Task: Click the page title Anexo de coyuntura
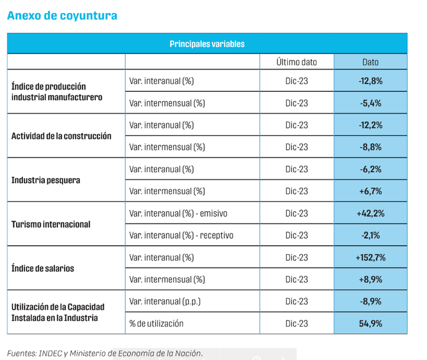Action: click(x=62, y=16)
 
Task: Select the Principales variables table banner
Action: click(x=207, y=44)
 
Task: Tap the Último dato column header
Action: click(x=297, y=62)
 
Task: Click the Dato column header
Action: click(x=370, y=62)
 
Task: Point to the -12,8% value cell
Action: click(x=370, y=81)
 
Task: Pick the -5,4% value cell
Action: click(x=370, y=103)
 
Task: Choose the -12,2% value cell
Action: click(x=370, y=125)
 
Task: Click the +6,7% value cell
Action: click(x=370, y=191)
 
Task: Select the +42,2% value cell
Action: click(x=370, y=214)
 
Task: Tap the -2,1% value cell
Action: click(x=370, y=235)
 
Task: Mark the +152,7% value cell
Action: click(x=370, y=258)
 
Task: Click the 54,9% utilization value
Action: click(x=370, y=324)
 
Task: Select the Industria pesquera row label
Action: click(x=46, y=180)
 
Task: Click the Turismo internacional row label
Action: click(x=51, y=224)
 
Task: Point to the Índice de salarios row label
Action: click(x=46, y=269)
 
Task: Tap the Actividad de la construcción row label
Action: click(x=61, y=136)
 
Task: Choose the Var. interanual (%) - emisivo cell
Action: click(x=178, y=214)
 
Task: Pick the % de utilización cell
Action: click(x=156, y=324)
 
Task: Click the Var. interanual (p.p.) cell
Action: click(x=164, y=301)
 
